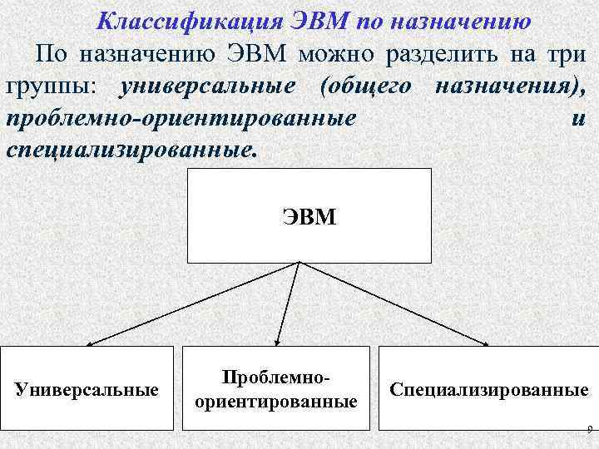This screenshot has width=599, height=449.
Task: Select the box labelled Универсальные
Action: pos(87,388)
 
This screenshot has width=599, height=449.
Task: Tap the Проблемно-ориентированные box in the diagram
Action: pos(275,388)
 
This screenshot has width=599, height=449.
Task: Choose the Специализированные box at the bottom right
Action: pos(488,388)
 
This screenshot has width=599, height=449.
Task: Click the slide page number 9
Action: pos(589,430)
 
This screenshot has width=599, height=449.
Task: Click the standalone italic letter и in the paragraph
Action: pos(579,118)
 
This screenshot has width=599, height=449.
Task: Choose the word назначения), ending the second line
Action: pos(510,86)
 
